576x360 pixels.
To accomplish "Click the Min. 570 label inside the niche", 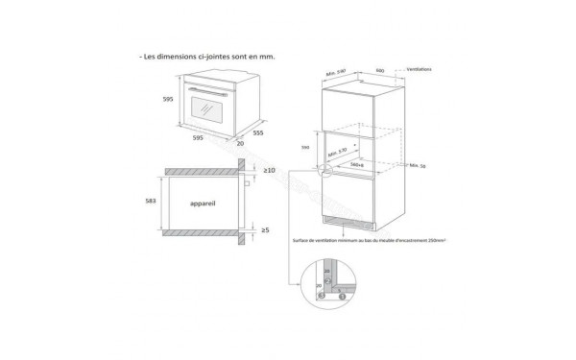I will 338,151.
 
